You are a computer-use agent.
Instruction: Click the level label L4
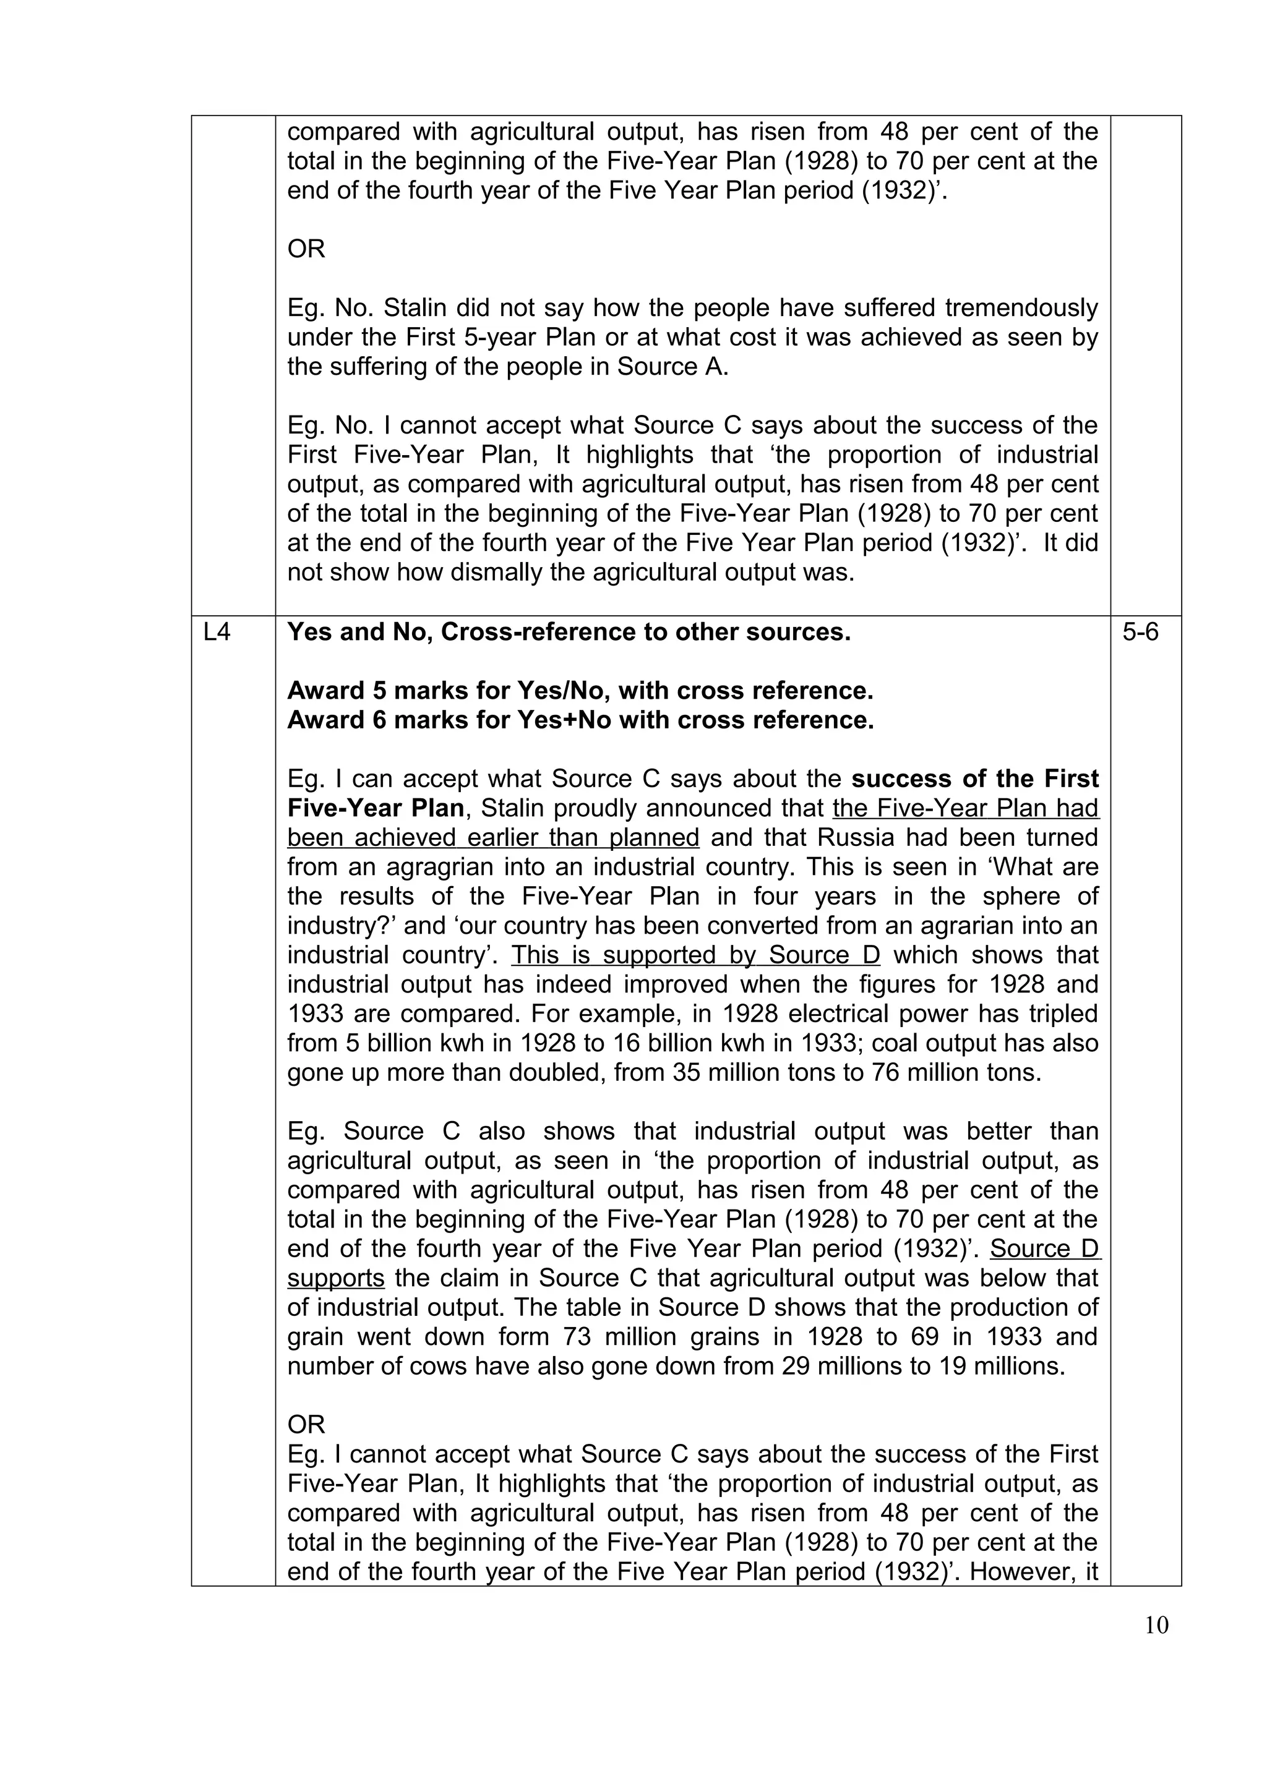[x=217, y=631]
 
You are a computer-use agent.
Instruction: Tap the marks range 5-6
[x=1141, y=631]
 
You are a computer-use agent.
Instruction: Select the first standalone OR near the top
[x=306, y=249]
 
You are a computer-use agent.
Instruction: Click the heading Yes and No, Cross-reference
[x=569, y=631]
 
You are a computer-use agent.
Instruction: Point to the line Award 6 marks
[x=580, y=720]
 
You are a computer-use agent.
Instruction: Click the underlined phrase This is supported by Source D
[x=695, y=955]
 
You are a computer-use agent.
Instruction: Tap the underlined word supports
[x=336, y=1278]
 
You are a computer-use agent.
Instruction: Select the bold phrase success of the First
[x=975, y=779]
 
